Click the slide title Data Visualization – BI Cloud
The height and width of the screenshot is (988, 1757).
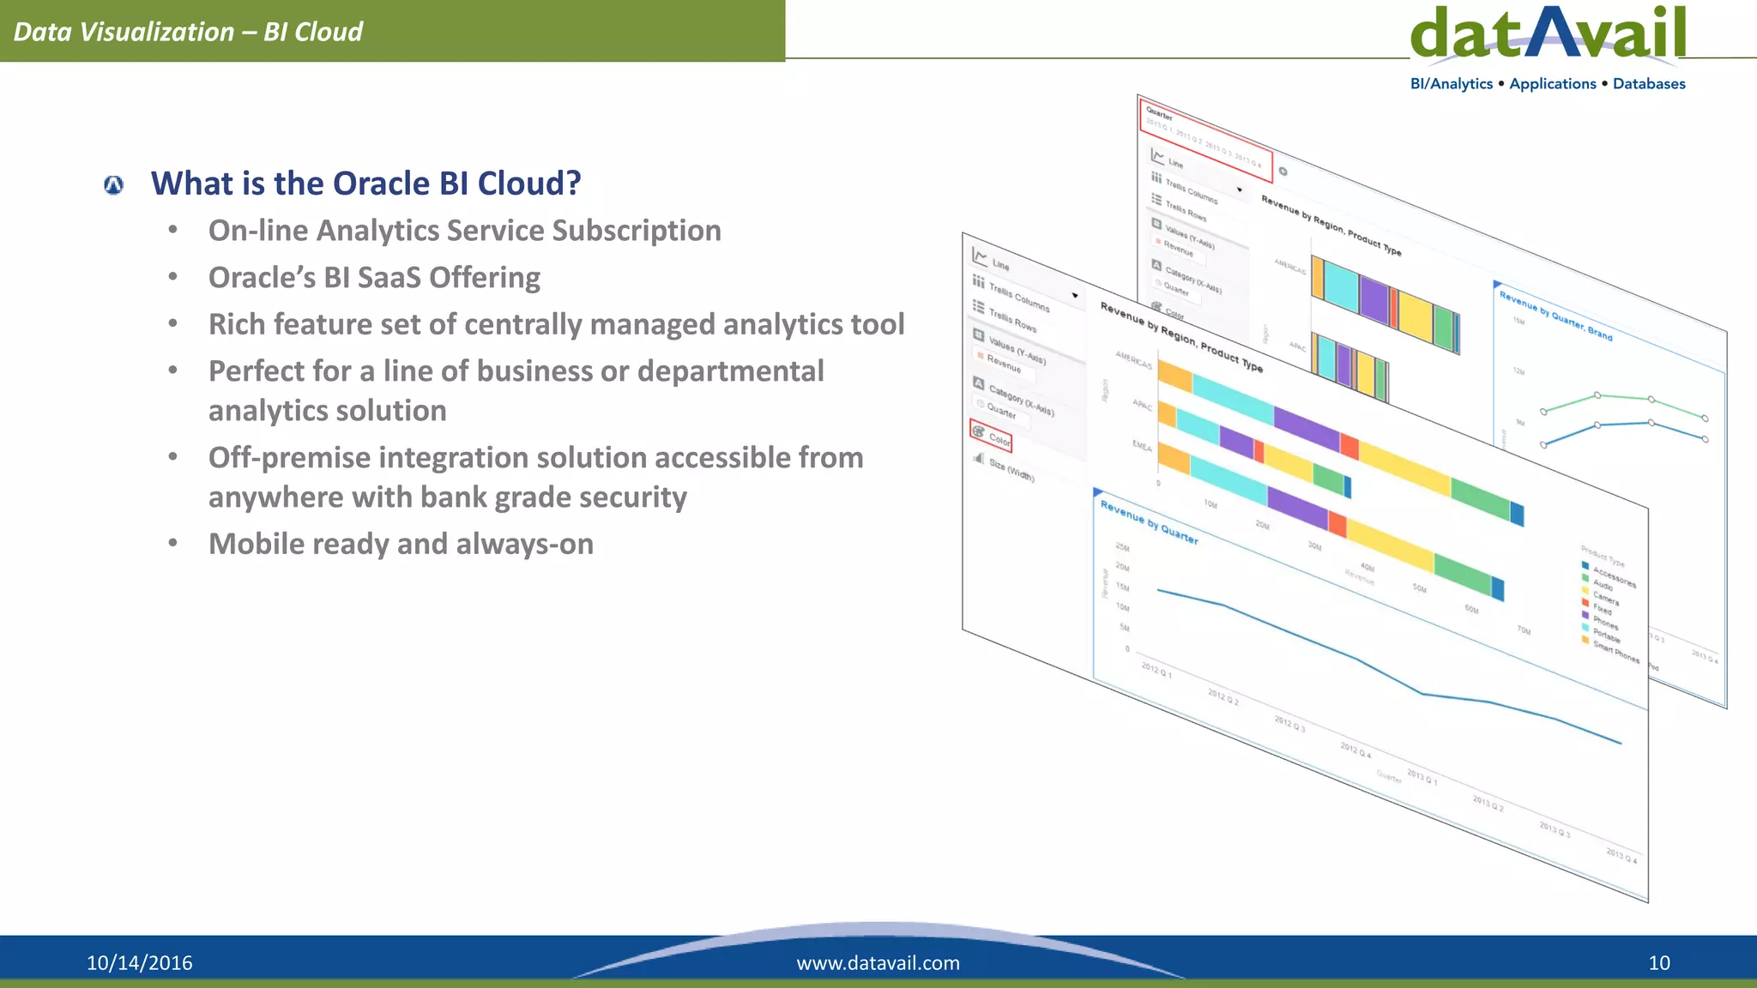tap(188, 32)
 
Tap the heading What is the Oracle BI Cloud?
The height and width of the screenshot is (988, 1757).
tap(365, 184)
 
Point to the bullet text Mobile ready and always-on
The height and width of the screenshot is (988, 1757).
tap(401, 544)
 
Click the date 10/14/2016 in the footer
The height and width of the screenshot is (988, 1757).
tap(139, 962)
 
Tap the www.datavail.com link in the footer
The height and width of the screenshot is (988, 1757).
tap(878, 962)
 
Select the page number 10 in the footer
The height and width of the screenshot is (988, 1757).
tap(1658, 962)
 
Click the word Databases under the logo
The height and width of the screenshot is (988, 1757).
tap(1648, 84)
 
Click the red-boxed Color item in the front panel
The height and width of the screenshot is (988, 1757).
tap(993, 436)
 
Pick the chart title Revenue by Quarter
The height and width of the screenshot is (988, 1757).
tap(1149, 521)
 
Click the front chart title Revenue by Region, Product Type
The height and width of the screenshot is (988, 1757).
tap(1180, 337)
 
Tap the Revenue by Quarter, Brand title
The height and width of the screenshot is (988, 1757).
tap(1555, 316)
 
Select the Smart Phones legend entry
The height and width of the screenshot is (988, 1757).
tap(1615, 652)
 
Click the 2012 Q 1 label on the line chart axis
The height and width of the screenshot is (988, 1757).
tap(1156, 670)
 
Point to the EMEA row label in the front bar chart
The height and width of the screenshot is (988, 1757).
tap(1142, 446)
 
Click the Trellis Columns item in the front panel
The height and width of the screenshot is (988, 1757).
tap(1018, 297)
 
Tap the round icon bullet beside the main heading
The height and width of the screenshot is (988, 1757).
tap(113, 184)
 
